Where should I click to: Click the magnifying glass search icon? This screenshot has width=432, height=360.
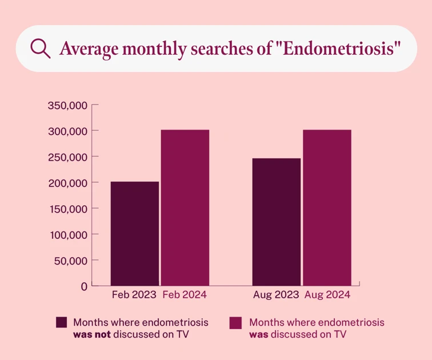(x=40, y=48)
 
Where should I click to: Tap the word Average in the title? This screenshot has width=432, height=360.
(x=86, y=49)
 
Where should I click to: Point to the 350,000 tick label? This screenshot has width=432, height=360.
(x=67, y=105)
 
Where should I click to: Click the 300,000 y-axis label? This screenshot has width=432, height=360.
(x=67, y=131)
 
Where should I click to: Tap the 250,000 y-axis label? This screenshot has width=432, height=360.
(x=67, y=157)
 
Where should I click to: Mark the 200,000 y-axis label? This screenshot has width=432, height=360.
(x=67, y=183)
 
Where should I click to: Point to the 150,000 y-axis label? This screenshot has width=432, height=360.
(x=67, y=209)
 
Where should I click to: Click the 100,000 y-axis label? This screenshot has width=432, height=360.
(x=67, y=234)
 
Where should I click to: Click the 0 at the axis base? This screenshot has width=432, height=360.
(x=84, y=286)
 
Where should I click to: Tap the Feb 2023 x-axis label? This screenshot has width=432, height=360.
(x=134, y=295)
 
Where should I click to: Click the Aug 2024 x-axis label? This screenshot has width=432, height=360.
(x=327, y=295)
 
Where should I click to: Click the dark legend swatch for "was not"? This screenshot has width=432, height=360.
(x=62, y=322)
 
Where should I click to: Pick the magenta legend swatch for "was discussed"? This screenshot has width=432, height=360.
(x=235, y=322)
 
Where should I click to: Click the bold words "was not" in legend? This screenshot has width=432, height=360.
(x=91, y=334)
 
